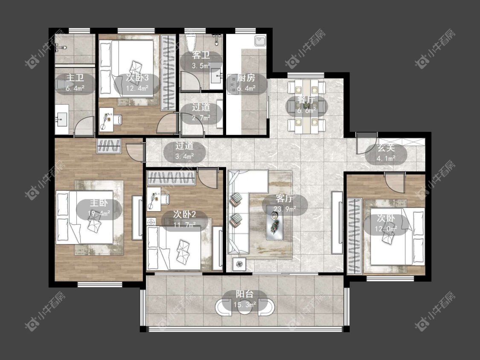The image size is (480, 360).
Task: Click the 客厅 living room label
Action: click(284, 198)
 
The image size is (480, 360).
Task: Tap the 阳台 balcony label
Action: click(244, 294)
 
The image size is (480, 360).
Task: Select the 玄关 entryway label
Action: click(386, 148)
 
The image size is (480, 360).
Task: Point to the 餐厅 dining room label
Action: click(306, 100)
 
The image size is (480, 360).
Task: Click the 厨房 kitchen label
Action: click(246, 78)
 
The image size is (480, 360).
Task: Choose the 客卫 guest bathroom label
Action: click(201, 55)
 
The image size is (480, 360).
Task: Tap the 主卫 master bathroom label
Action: click(75, 78)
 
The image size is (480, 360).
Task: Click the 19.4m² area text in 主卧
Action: click(99, 213)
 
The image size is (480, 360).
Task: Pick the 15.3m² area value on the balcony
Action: click(244, 305)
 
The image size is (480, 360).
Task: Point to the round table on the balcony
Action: click(244, 307)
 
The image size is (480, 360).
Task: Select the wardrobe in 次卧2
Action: click(172, 178)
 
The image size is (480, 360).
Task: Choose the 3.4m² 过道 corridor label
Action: click(184, 151)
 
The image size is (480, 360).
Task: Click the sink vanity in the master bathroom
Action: click(62, 120)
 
